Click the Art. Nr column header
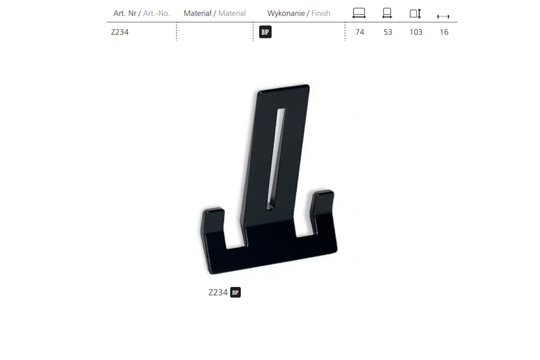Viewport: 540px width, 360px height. coord(125,13)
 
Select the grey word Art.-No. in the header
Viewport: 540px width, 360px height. coord(156,13)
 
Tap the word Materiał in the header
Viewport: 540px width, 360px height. coord(197,13)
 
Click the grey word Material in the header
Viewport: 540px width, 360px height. coord(232,13)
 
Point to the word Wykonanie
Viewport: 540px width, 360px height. coord(286,13)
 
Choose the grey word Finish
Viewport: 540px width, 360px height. coord(321,13)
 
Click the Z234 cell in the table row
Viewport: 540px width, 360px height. coord(119,32)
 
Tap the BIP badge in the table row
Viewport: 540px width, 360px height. coord(265,32)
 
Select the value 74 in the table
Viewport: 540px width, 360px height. coord(360,32)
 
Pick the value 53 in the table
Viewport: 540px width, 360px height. coord(388,32)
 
